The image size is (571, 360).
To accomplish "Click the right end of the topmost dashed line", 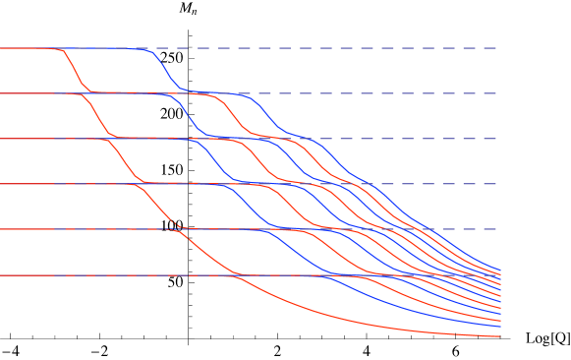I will pyautogui.click(x=496, y=48).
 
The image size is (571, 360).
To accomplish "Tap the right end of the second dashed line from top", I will pyautogui.click(x=496, y=93).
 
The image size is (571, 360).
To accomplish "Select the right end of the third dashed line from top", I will pyautogui.click(x=496, y=139).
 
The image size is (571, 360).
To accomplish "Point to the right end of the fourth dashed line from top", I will pyautogui.click(x=496, y=184).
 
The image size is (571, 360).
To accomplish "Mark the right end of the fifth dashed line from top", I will pyautogui.click(x=496, y=229).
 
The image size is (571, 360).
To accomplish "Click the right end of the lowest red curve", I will pyautogui.click(x=500, y=336).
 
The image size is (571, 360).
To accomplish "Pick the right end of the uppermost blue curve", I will pyautogui.click(x=500, y=270).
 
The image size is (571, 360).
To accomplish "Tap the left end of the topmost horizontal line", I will pyautogui.click(x=1, y=48).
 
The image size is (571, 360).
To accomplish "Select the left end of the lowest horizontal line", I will pyautogui.click(x=1, y=275).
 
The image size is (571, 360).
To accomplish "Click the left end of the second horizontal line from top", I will pyautogui.click(x=1, y=93).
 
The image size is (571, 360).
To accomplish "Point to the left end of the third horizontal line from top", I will pyautogui.click(x=1, y=139).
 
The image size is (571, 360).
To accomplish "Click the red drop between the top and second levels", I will pyautogui.click(x=75, y=71).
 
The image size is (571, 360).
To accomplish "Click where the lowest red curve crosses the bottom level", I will pyautogui.click(x=236, y=275).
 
